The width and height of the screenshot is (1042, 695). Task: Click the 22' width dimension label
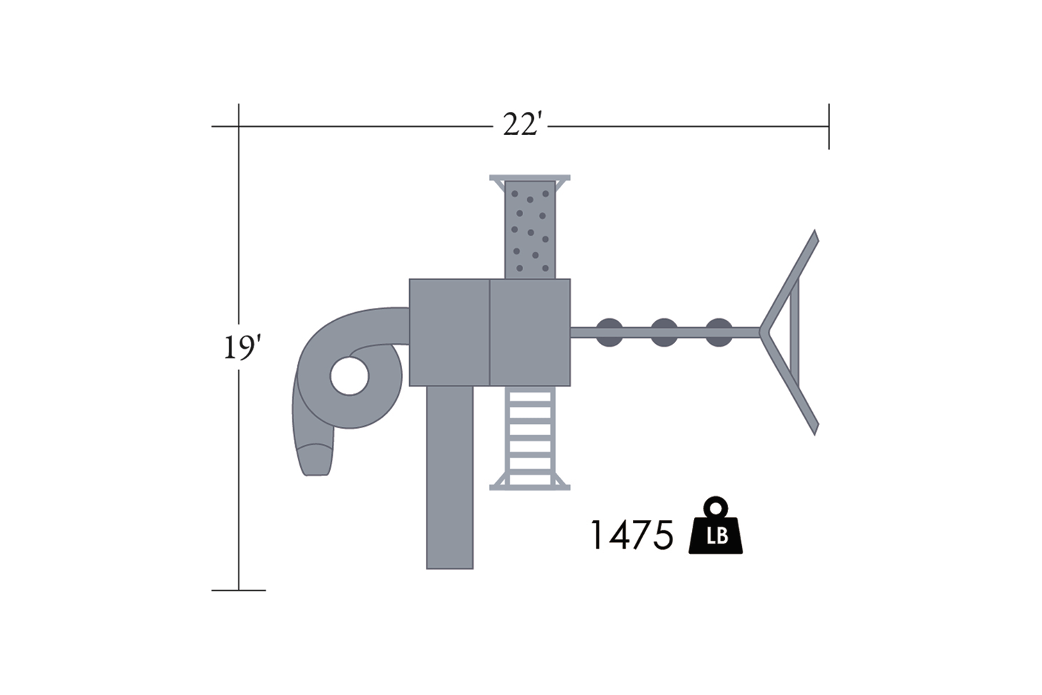point(522,125)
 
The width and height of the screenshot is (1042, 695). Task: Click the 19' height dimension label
point(242,347)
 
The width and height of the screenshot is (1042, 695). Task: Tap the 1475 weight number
point(631,535)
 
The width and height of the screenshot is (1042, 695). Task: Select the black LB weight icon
point(716,525)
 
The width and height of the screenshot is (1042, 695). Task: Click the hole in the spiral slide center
point(349,376)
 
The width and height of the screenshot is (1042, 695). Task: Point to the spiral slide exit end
point(316,459)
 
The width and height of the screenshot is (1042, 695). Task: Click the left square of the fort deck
point(449,332)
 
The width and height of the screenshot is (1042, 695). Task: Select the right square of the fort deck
point(530,332)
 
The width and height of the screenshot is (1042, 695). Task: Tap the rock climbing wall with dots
point(530,229)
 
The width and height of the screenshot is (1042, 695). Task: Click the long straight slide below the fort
point(450,477)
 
